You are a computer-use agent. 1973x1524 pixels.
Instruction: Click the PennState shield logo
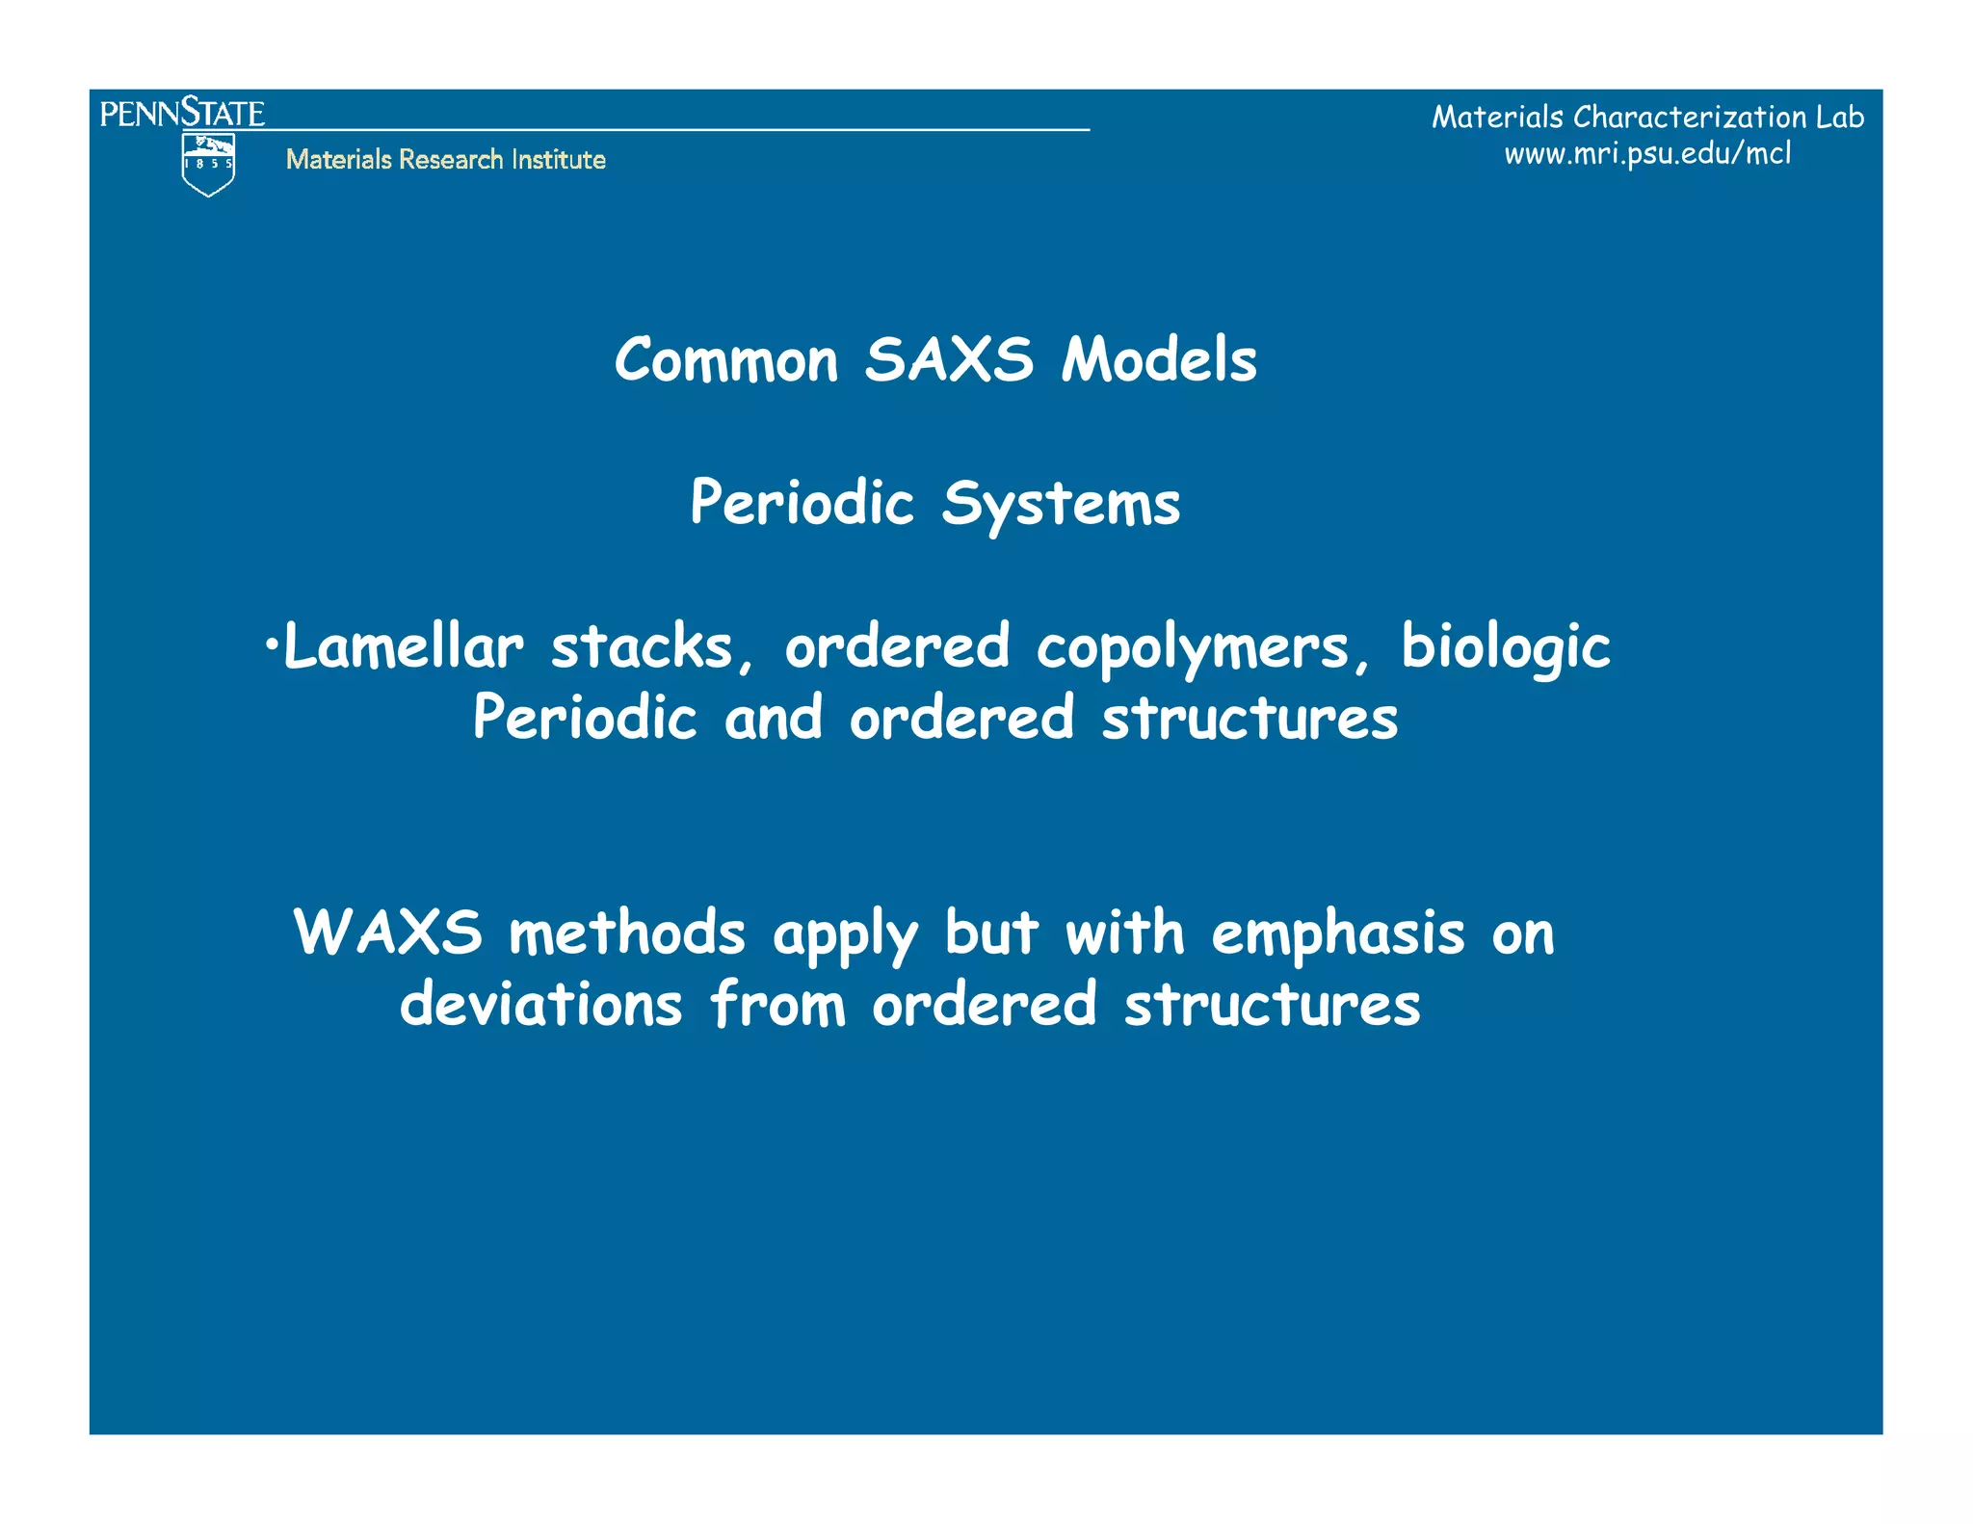(x=208, y=165)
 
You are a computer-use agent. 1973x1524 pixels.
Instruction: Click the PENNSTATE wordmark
(x=182, y=113)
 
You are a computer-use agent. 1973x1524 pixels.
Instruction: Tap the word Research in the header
(x=451, y=159)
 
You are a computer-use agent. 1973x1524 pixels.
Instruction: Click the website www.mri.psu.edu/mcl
(x=1647, y=153)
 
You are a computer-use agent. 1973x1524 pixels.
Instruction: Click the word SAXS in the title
(x=948, y=360)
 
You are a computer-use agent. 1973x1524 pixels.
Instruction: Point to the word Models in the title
(x=1159, y=360)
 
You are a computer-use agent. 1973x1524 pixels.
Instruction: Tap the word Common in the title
(x=726, y=360)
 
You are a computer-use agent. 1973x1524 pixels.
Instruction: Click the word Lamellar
(x=404, y=646)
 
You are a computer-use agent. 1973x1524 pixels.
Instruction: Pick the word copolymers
(x=1193, y=648)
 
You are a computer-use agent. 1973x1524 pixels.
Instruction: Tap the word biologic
(x=1505, y=648)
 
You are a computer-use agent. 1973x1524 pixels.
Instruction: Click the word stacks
(x=642, y=646)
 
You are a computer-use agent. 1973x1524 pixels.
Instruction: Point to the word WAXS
(x=387, y=933)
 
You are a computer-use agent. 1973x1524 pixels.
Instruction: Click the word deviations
(x=540, y=1005)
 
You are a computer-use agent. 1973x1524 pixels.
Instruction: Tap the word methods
(x=627, y=933)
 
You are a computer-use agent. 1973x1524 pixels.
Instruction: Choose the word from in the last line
(x=777, y=1005)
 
